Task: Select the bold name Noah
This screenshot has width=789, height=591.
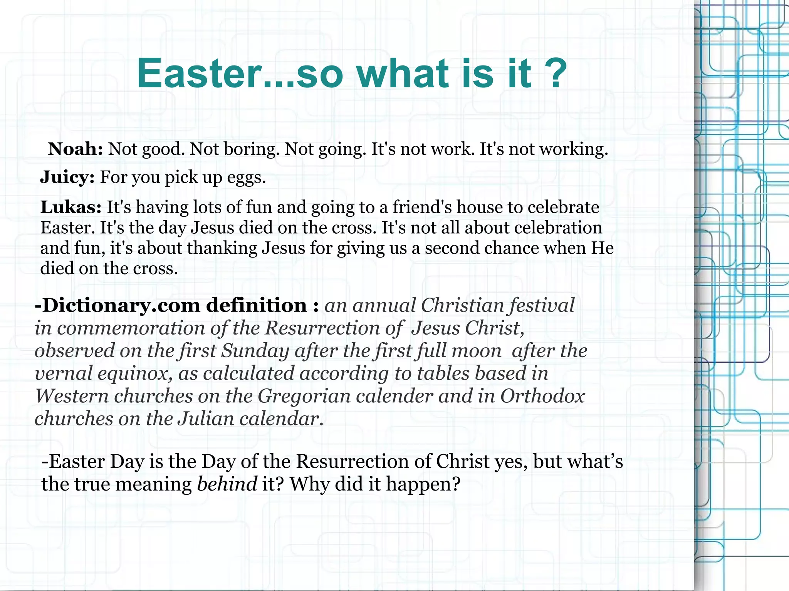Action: [76, 149]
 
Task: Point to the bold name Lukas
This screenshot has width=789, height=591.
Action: [71, 207]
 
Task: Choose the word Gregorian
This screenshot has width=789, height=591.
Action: [304, 396]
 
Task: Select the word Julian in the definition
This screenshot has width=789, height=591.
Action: [206, 419]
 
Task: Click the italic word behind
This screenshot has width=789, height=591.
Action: [227, 484]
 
